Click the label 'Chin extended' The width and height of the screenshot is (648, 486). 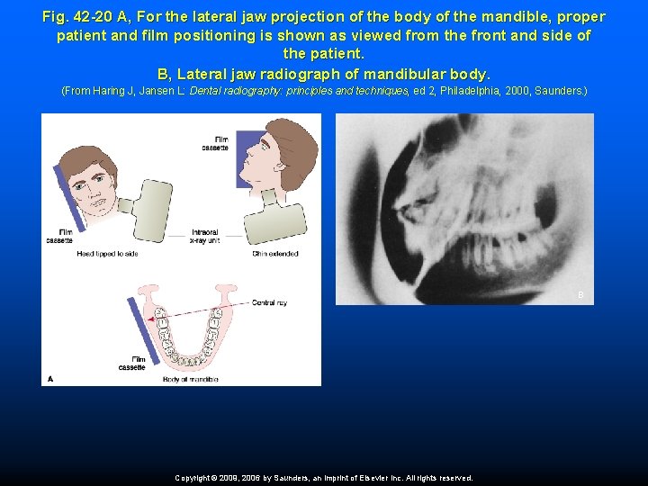pos(276,254)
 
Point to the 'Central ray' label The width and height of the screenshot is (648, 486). pos(269,303)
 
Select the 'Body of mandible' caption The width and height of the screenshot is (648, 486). pos(192,379)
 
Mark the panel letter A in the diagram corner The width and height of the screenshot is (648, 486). pos(49,379)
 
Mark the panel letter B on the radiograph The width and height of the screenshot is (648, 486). pos(580,295)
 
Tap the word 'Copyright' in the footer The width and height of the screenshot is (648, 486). pos(195,478)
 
